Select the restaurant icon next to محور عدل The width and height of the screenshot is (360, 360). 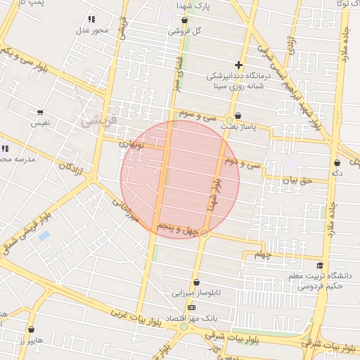pyautogui.click(x=91, y=19)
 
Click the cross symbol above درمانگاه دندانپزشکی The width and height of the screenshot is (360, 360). pyautogui.click(x=238, y=65)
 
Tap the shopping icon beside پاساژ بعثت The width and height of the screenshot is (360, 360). pyautogui.click(x=238, y=116)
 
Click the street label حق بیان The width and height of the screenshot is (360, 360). pyautogui.click(x=295, y=181)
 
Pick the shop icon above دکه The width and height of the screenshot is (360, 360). pyautogui.click(x=337, y=162)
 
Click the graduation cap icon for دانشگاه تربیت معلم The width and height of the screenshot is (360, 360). pyautogui.click(x=321, y=266)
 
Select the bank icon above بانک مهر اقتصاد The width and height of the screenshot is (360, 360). pyautogui.click(x=191, y=308)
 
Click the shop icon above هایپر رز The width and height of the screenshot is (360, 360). pyautogui.click(x=32, y=329)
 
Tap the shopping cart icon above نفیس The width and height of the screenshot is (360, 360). pyautogui.click(x=40, y=112)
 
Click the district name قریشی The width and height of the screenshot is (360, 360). pyautogui.click(x=96, y=120)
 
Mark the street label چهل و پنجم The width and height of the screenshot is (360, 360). pyautogui.click(x=176, y=229)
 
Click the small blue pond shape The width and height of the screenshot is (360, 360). pyautogui.click(x=44, y=236)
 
